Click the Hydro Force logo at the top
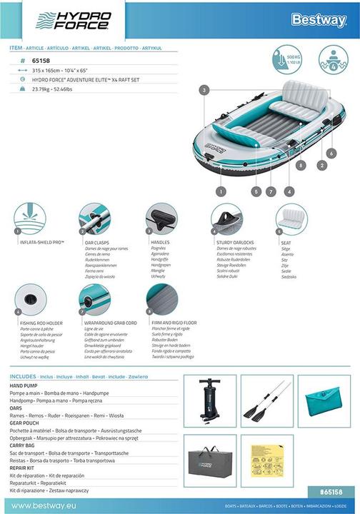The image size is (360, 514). pyautogui.click(x=72, y=21)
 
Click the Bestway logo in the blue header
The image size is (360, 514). pyautogui.click(x=318, y=20)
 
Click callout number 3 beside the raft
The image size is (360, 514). pyautogui.click(x=204, y=91)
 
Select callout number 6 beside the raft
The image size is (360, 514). pyautogui.click(x=331, y=153)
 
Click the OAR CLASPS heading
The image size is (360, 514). pyautogui.click(x=96, y=242)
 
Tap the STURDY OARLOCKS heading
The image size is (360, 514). pyautogui.click(x=235, y=242)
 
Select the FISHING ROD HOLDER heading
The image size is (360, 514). pyautogui.click(x=45, y=322)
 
